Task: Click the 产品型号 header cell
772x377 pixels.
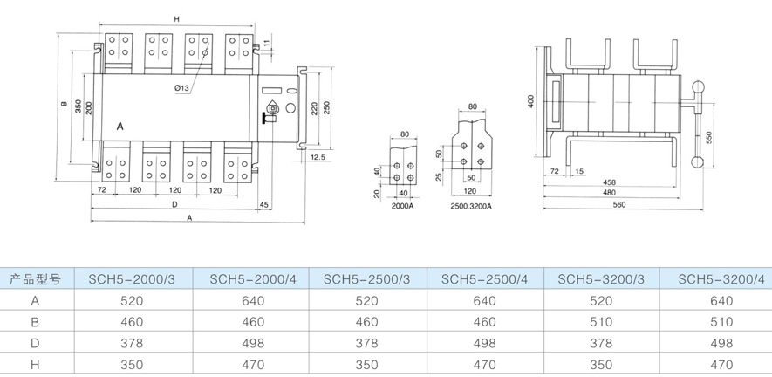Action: tap(35, 280)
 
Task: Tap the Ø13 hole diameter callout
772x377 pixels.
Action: tap(182, 89)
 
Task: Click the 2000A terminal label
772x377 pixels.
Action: tap(402, 206)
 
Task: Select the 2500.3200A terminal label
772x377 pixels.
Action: tap(471, 206)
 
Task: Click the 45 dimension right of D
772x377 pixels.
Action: tap(264, 204)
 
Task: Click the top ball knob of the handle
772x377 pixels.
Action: tap(697, 86)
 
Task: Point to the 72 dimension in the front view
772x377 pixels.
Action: tap(101, 189)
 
